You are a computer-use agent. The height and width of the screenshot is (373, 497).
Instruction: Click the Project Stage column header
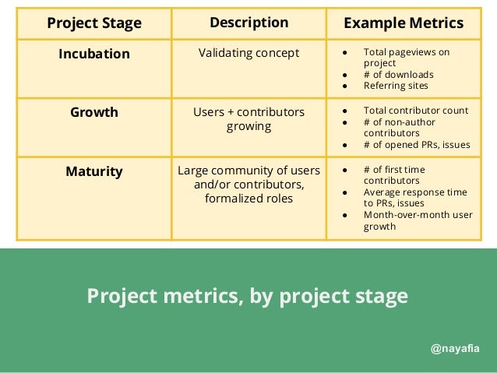[x=93, y=23]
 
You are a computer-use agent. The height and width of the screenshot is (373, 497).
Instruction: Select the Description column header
[x=248, y=23]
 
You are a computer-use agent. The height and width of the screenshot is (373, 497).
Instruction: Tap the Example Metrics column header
[x=404, y=23]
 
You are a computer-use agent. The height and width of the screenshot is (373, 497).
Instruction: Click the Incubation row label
[x=93, y=54]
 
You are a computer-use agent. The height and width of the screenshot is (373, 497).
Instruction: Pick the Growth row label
[x=93, y=112]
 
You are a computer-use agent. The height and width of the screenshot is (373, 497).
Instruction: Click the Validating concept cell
[x=248, y=54]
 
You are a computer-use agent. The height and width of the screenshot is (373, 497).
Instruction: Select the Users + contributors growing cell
[x=248, y=118]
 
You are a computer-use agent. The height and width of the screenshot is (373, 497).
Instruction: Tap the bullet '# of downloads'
[x=398, y=75]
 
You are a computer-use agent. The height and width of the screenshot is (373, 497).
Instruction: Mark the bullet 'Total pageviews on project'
[x=406, y=58]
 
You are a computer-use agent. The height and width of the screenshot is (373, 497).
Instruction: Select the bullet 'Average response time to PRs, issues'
[x=415, y=197]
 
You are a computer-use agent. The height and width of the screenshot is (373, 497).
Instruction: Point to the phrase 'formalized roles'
[x=248, y=199]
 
